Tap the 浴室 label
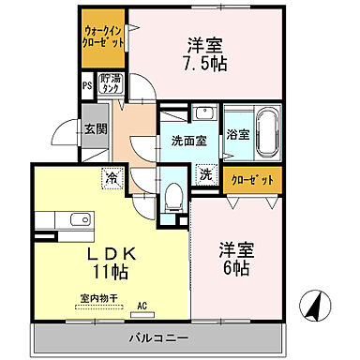[238, 134]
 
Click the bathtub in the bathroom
[269, 134]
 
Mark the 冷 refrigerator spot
[112, 175]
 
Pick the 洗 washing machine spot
[205, 173]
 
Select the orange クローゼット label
[250, 178]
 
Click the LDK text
[113, 253]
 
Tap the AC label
[143, 306]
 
